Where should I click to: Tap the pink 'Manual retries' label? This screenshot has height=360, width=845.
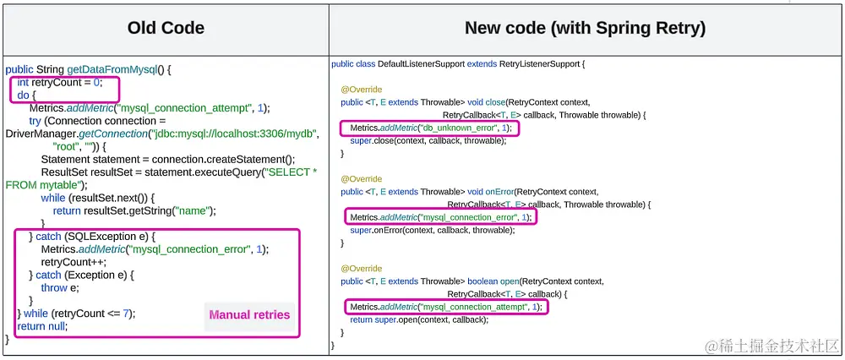tap(249, 315)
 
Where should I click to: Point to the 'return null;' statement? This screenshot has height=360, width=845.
tap(41, 325)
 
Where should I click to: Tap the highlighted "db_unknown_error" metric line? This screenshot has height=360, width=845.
tap(431, 128)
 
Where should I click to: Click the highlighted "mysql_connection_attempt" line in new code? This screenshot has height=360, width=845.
tap(445, 307)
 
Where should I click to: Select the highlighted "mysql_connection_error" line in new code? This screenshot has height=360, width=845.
tap(441, 217)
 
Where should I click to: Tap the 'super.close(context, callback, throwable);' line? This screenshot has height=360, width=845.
tap(428, 140)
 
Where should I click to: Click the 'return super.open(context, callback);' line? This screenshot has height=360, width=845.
tap(420, 319)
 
